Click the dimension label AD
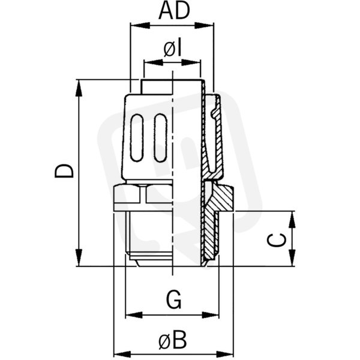174,11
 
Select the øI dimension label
173,49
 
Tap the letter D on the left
64,171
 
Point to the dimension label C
277,240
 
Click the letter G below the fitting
173,300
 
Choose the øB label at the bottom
172,340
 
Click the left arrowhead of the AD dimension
140,25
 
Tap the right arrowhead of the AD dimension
204,25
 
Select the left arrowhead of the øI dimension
153,62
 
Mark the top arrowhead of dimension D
79,89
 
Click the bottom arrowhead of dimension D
79,257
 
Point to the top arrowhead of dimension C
292,220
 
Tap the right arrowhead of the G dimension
210,315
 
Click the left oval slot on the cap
137,138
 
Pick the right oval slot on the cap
160,138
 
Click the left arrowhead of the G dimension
134,315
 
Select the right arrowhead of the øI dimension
191,62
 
